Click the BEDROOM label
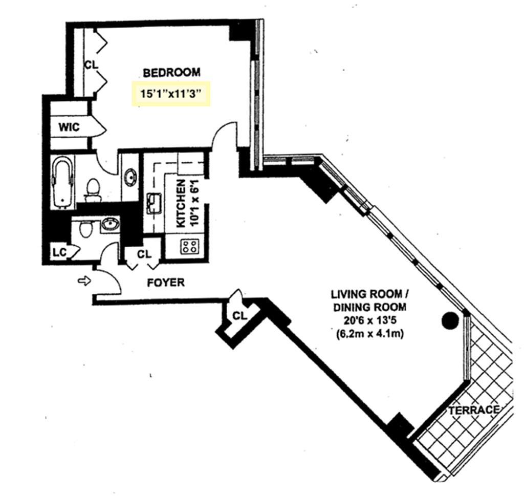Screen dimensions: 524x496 point(171,73)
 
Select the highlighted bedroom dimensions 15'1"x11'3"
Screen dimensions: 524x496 point(171,94)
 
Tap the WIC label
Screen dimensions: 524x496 point(69,127)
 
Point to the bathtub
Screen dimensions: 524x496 point(63,183)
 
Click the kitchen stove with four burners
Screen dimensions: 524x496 point(190,247)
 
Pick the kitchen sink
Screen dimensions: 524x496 point(154,203)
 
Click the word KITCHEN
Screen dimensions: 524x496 point(181,203)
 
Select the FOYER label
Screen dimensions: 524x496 point(166,283)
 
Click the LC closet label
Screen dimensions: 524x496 point(60,253)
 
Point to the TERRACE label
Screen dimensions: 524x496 point(474,410)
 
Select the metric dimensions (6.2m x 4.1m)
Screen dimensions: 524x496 point(369,334)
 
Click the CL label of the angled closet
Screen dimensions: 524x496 point(239,315)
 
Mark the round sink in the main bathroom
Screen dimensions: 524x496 point(130,177)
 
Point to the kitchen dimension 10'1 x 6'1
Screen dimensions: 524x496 point(195,203)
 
